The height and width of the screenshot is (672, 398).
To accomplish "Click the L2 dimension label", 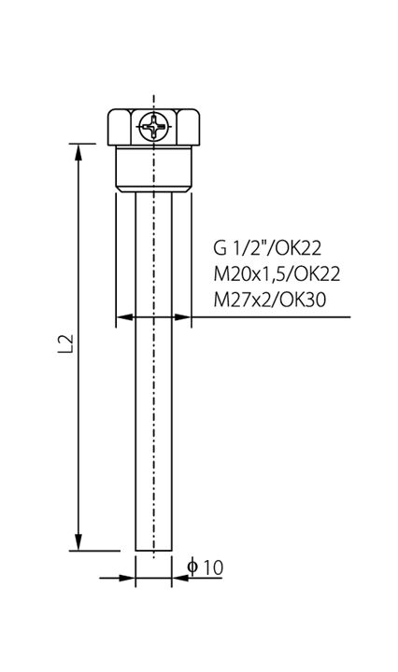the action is (66, 343).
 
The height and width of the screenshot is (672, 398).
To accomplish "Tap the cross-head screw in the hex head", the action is (153, 126).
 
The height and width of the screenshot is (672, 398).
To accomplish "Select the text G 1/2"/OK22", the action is (267, 248).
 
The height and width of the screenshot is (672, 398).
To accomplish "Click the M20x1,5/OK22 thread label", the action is (277, 273).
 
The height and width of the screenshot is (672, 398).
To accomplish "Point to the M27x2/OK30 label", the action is (270, 300).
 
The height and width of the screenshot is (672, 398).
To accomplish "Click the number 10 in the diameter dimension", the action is (213, 567).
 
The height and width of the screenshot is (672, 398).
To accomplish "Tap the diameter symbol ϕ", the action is (192, 567).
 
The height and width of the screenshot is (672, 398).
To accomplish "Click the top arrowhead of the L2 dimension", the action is (78, 152).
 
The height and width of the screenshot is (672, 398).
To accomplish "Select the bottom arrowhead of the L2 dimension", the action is (78, 542).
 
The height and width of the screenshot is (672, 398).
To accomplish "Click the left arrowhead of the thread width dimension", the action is (124, 317).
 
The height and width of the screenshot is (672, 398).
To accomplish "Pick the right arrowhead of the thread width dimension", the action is (182, 317).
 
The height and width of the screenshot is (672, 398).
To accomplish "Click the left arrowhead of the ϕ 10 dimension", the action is (127, 578).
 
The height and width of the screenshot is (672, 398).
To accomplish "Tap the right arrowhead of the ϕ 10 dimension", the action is (180, 578).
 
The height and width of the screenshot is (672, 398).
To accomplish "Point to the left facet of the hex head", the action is (120, 127).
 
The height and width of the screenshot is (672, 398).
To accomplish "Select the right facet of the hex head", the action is (189, 127).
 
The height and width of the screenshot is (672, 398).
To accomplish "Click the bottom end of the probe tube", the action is (153, 551).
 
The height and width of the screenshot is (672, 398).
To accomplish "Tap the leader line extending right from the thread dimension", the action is (271, 317).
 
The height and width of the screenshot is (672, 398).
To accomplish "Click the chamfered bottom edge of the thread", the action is (153, 189).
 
